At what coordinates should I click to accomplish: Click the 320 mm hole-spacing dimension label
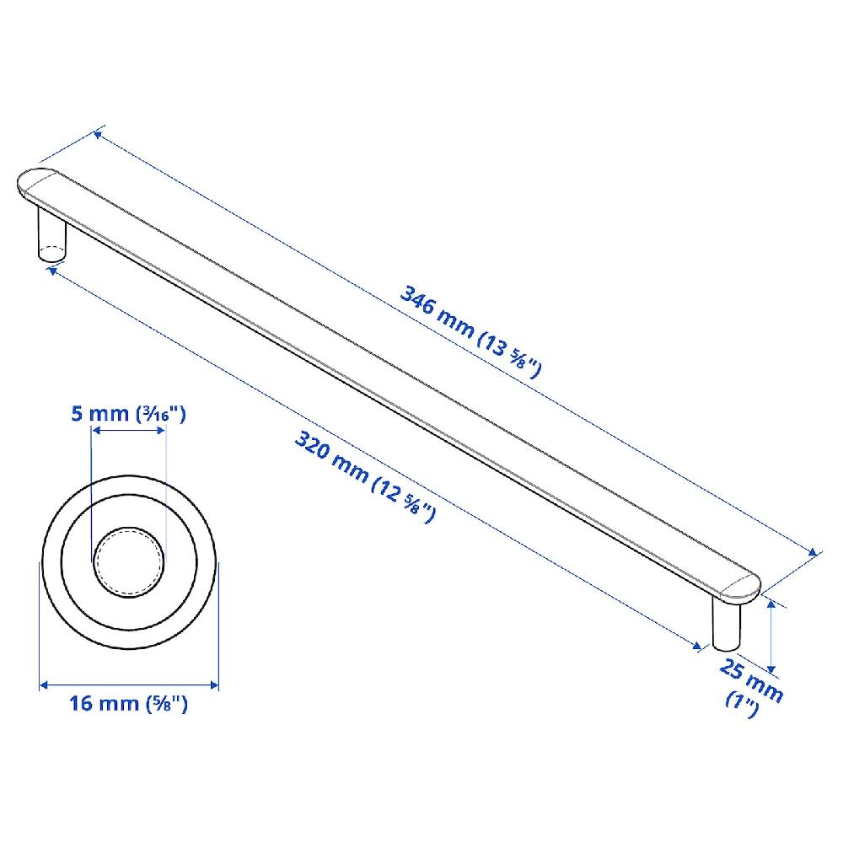tap(364, 476)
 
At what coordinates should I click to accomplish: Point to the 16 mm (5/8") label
tap(128, 705)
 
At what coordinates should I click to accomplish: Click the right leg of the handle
tap(726, 624)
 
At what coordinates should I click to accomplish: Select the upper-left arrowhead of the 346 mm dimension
tap(99, 132)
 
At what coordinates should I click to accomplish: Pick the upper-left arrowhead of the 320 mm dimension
tap(53, 269)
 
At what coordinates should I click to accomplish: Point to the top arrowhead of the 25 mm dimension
tap(771, 602)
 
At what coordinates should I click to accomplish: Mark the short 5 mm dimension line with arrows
tap(128, 431)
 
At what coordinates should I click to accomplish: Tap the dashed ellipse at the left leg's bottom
tap(51, 252)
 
